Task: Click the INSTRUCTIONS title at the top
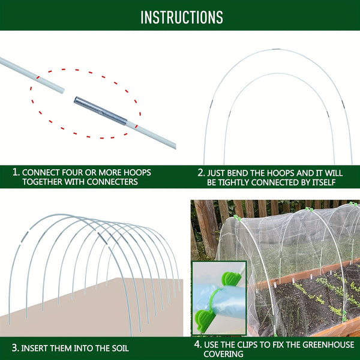(181, 17)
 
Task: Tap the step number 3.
(15, 347)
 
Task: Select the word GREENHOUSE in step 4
(322, 344)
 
